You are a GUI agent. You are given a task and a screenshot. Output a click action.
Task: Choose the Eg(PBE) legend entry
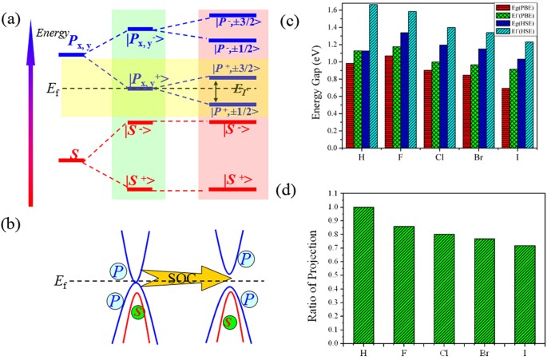click(x=515, y=8)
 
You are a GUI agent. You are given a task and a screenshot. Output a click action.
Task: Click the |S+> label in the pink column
click(x=232, y=181)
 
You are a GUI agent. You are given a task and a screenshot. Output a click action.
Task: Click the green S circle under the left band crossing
click(x=139, y=312)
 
